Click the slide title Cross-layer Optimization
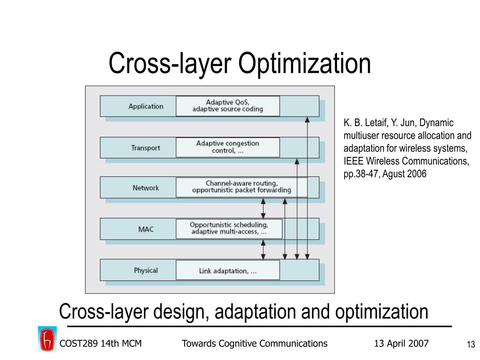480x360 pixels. click(240, 64)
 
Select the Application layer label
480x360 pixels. click(146, 106)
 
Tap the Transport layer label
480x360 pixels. click(145, 148)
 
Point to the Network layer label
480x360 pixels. click(146, 188)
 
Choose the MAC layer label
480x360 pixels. click(146, 230)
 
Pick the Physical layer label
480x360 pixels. click(146, 270)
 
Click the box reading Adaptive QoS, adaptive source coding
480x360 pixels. click(227, 106)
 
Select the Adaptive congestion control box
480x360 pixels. click(227, 147)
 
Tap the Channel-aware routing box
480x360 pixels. click(241, 187)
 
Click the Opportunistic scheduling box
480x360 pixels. click(229, 228)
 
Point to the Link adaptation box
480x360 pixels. click(227, 270)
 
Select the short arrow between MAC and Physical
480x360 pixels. click(263, 249)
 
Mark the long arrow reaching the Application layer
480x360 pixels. click(307, 187)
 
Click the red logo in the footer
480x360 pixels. click(47, 339)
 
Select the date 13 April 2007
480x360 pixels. click(401, 344)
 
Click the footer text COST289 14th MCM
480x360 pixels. click(100, 344)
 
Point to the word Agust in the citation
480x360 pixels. click(399, 174)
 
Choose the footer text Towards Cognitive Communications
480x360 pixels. click(254, 344)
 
